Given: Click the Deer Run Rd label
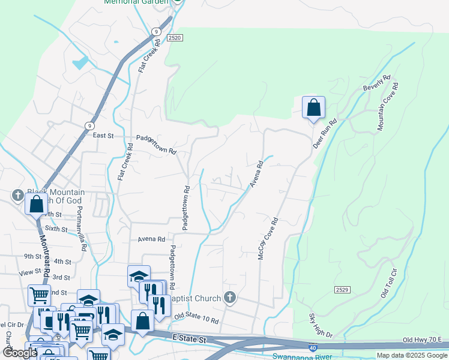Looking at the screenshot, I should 325,133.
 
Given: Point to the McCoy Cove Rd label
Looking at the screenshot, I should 268,238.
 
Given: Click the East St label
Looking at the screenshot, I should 103,136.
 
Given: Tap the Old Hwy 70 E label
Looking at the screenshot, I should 423,340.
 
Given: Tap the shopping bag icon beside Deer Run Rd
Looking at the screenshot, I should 313,108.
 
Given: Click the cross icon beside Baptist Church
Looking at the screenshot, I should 229,297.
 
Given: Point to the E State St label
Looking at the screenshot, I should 188,340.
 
